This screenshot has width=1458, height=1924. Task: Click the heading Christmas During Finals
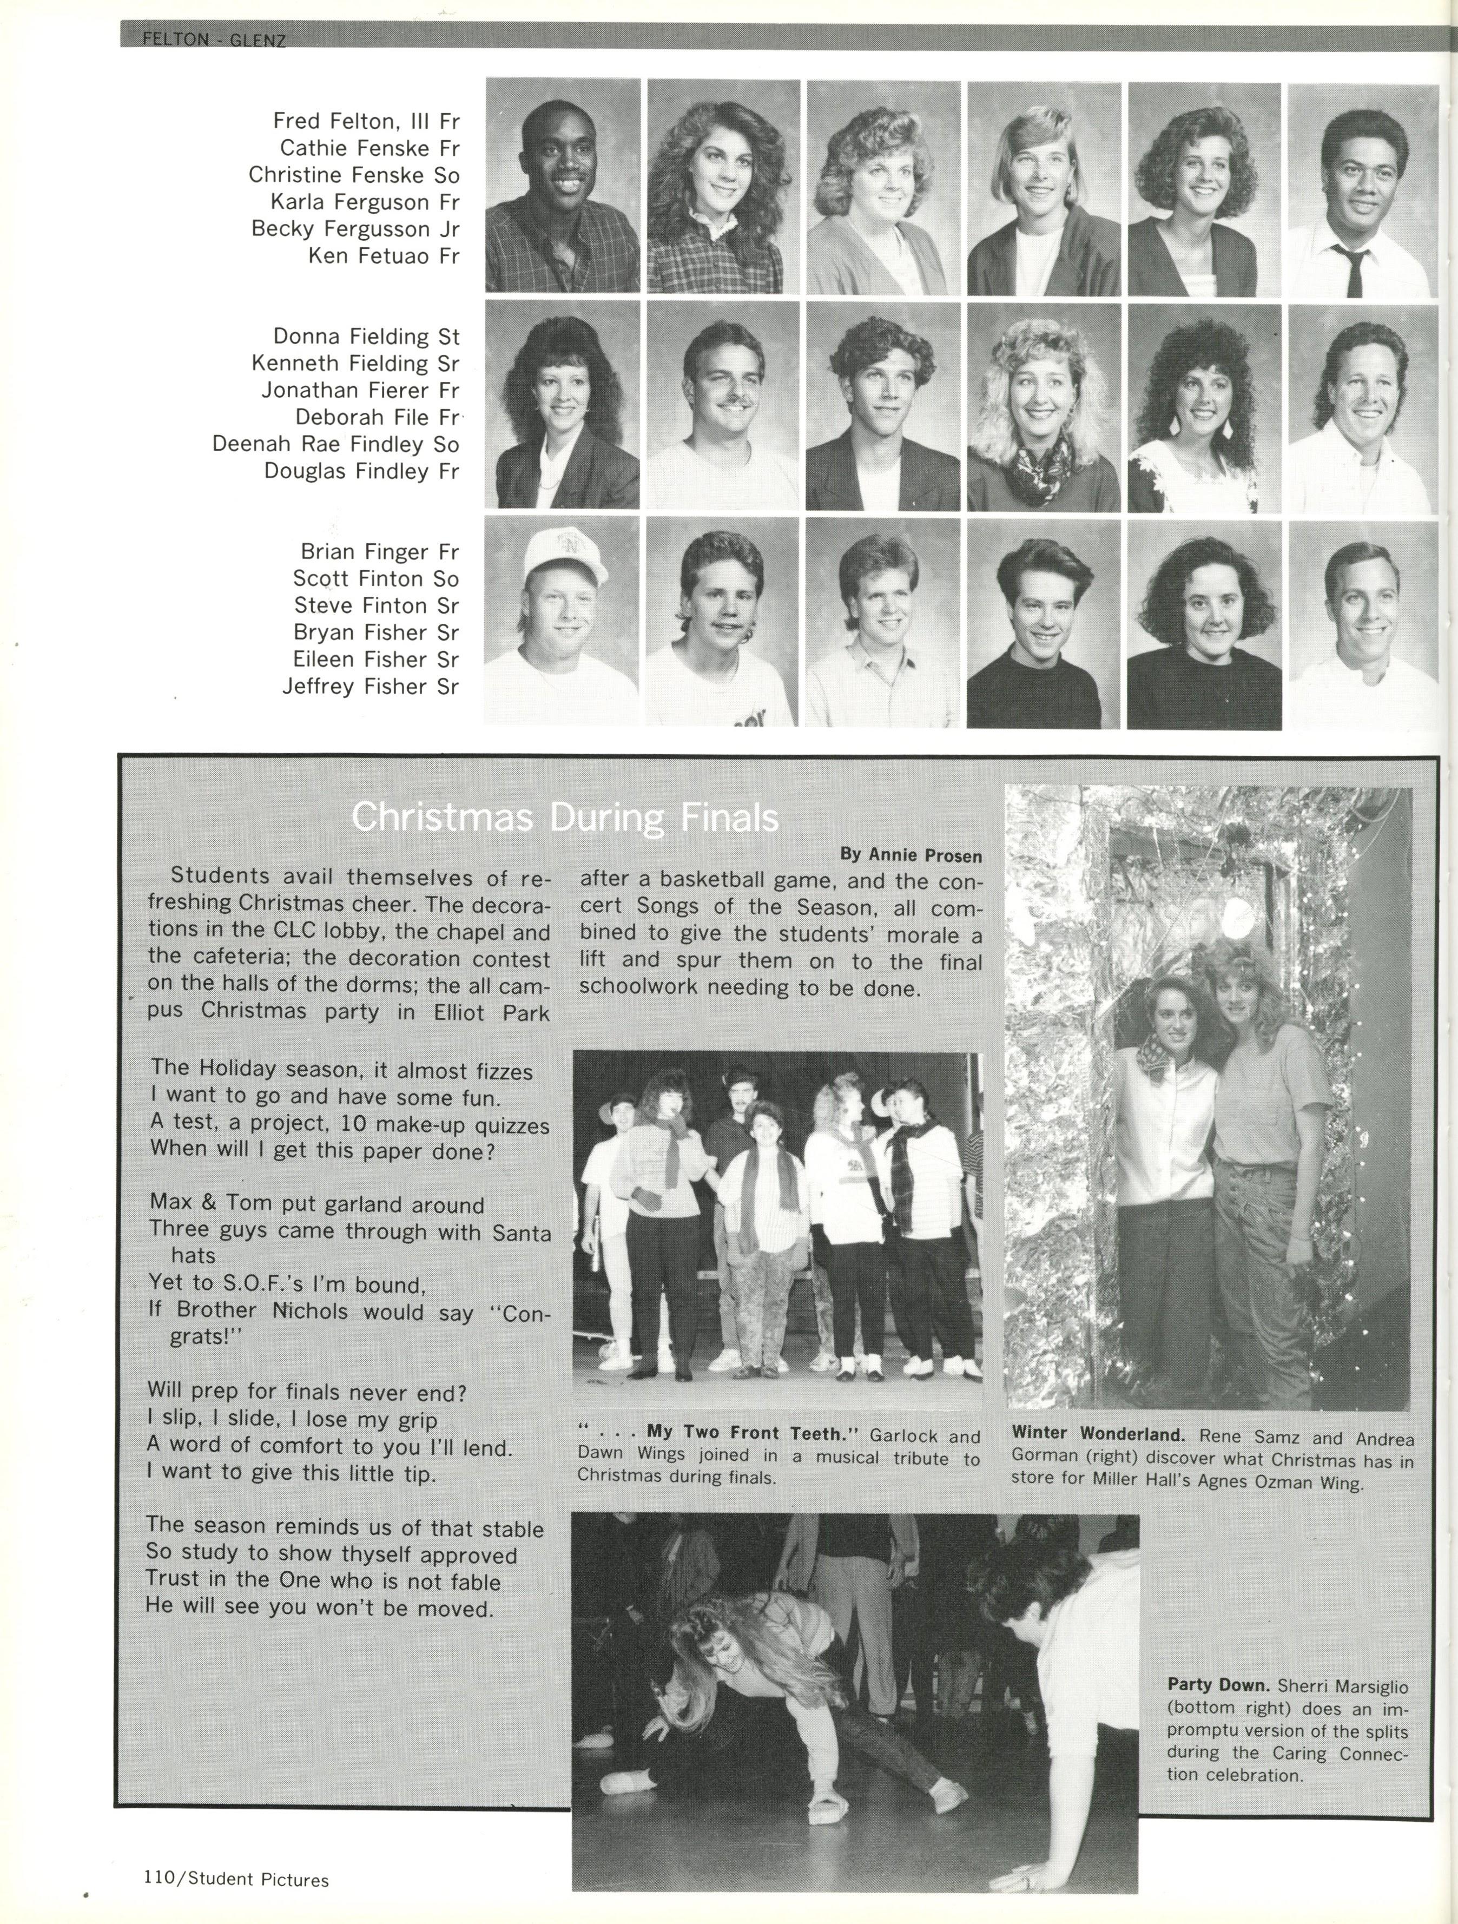565,818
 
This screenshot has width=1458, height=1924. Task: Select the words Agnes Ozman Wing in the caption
1279,1481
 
